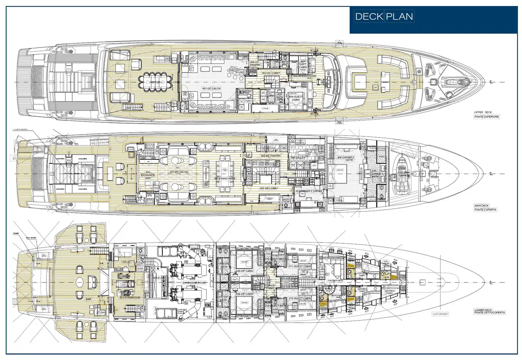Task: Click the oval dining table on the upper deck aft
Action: (150, 80)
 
